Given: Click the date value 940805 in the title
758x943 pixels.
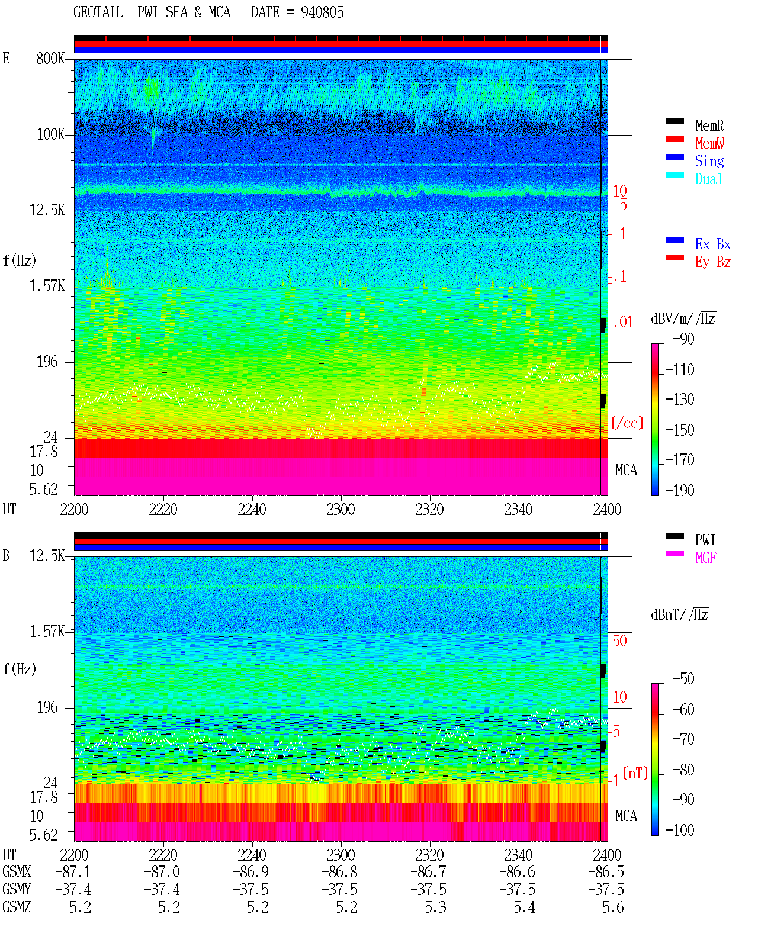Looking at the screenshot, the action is coord(322,12).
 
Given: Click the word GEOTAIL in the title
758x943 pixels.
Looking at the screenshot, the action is coord(98,12).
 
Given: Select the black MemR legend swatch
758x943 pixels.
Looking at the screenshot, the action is coord(675,121).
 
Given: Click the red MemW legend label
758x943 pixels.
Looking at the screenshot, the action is coord(709,143).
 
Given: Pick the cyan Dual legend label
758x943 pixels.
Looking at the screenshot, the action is coord(708,179).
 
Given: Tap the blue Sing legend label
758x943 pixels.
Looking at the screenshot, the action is coord(709,161).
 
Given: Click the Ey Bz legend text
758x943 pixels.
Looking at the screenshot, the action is coord(713,262).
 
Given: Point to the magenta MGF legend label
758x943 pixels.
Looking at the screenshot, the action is coord(706,558).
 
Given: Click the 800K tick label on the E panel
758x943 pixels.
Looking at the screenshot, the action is coord(50,58).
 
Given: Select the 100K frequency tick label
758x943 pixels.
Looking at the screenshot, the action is coord(50,134).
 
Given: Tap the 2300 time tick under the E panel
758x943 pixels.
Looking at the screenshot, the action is coord(341,510).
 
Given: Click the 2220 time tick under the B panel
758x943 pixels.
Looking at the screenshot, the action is coord(163,855).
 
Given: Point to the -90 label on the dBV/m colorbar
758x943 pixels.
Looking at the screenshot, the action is coord(683,339).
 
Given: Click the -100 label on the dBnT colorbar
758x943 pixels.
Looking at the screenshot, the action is coord(680,830).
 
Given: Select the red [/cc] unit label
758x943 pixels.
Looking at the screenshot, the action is coord(627,423).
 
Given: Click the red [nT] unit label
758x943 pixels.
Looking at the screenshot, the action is coord(635,773).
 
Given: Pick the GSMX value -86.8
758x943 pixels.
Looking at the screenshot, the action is coord(339,872).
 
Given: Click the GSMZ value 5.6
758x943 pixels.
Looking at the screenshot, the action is coord(613,907).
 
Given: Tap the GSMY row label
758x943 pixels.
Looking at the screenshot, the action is coord(17,890).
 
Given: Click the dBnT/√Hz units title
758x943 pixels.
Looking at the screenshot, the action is coord(680,615).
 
